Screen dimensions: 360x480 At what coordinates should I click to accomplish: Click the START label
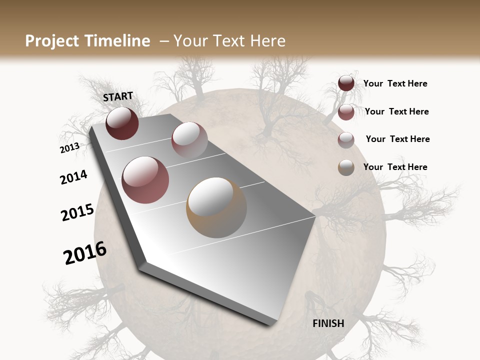click(x=118, y=96)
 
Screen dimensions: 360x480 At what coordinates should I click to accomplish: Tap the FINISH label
click(x=328, y=323)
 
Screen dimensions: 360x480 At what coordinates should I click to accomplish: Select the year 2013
click(x=69, y=148)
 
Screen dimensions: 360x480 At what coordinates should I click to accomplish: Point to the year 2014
click(x=73, y=177)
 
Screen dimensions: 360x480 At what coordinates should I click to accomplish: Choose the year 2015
click(x=77, y=212)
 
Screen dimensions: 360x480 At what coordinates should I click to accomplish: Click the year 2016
click(x=85, y=253)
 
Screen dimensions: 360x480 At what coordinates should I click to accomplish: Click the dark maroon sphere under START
click(x=122, y=123)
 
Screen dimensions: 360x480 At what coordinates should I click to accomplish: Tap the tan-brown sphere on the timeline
click(x=216, y=207)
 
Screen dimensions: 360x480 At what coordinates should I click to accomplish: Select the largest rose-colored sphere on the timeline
click(x=145, y=180)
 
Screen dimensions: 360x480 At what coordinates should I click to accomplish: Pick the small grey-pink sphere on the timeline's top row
click(x=189, y=140)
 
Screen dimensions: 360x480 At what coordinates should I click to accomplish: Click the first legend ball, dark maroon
click(x=346, y=83)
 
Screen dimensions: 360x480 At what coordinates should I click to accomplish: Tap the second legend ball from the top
click(x=346, y=112)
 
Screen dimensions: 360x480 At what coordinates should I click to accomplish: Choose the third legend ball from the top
click(x=346, y=140)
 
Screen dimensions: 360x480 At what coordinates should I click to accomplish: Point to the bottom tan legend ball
click(x=346, y=167)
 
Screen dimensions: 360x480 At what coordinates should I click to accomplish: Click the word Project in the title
click(x=52, y=41)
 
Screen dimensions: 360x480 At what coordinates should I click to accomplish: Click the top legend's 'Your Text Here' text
click(x=395, y=83)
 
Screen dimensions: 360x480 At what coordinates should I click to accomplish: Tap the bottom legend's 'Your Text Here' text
click(x=395, y=167)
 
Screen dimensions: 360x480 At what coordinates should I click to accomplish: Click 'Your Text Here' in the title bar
click(x=229, y=41)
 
